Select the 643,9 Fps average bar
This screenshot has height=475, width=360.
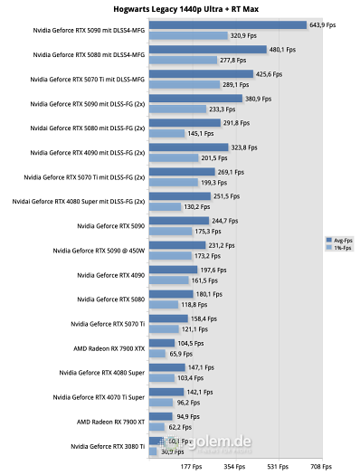click(226, 25)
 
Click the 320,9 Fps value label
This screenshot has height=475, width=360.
click(243, 36)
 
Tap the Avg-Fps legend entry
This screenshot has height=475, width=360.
click(341, 240)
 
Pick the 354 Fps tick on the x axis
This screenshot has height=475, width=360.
click(235, 467)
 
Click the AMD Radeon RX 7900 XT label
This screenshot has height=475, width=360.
click(109, 421)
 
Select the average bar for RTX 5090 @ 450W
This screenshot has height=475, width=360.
click(175, 245)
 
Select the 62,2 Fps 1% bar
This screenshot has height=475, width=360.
click(153, 426)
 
